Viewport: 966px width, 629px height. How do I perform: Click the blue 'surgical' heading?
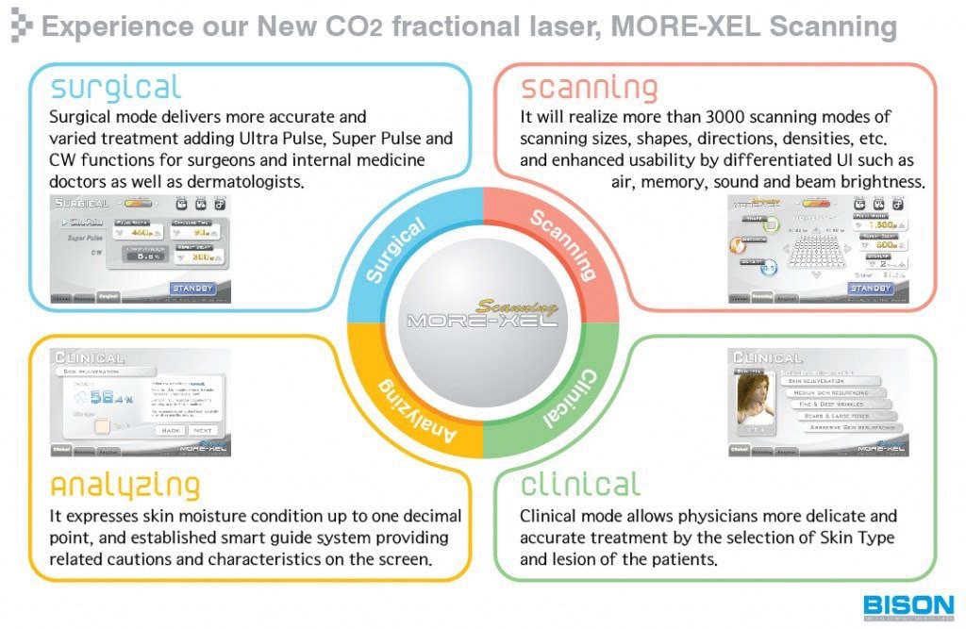[115, 88]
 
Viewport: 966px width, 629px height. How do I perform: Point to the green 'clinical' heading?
[579, 485]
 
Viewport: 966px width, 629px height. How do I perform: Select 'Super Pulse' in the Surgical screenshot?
[82, 238]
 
